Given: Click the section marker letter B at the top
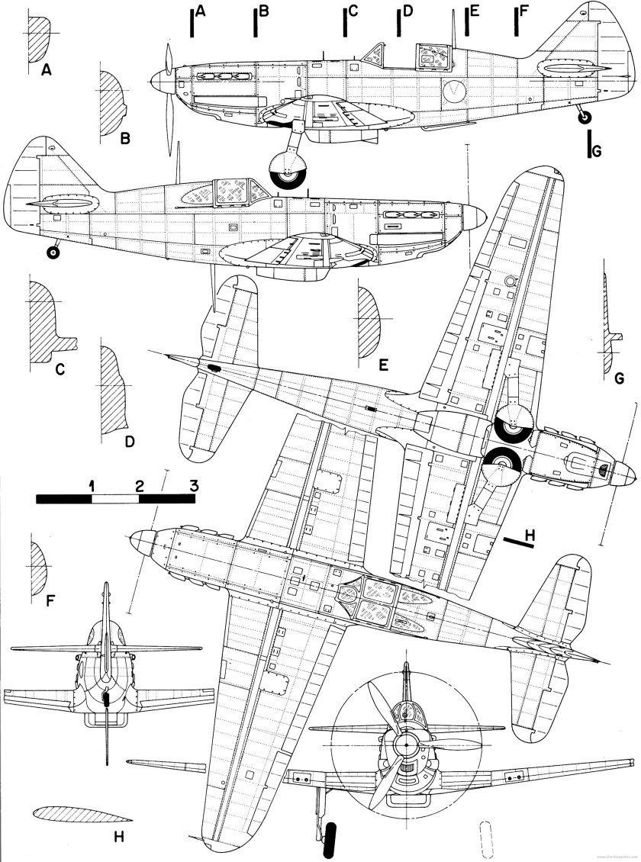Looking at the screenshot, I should pos(264,11).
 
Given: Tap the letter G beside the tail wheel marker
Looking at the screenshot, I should pos(597,151).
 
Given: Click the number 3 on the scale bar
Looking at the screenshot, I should pos(194,485).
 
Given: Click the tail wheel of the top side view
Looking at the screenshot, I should pos(583,116).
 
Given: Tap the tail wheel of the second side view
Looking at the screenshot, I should pos(53,252).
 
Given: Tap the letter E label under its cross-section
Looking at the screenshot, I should pos(384,365).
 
